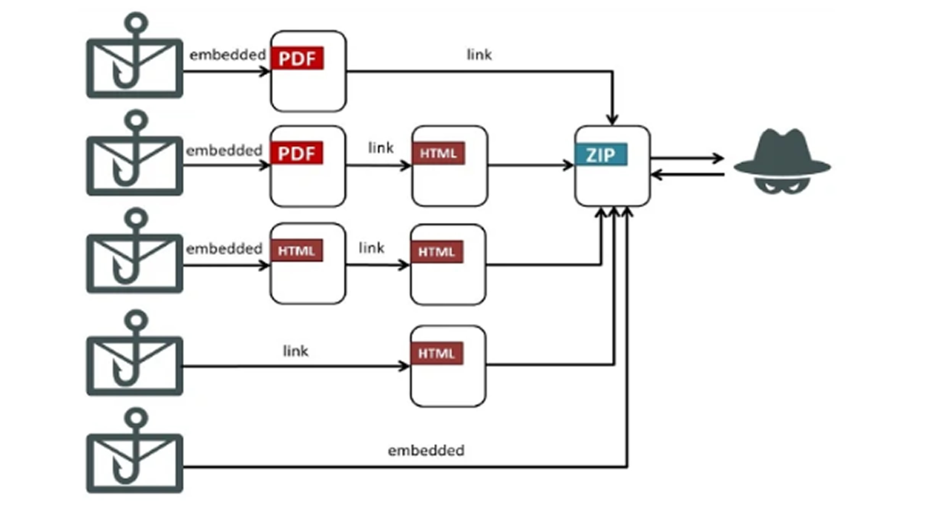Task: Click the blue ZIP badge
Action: point(601,154)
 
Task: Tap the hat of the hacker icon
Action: point(782,153)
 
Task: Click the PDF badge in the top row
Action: point(297,58)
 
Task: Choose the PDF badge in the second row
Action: point(297,153)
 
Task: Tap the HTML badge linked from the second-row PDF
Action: point(438,153)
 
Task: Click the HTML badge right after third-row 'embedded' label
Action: point(297,251)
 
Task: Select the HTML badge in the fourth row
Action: point(437,353)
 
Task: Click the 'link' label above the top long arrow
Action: point(479,55)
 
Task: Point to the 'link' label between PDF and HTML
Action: point(380,148)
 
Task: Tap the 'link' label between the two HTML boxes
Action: point(371,248)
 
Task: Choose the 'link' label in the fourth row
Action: point(295,351)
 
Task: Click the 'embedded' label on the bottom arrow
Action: point(426,451)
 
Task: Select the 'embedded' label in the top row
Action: point(227,55)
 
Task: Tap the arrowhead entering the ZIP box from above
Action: point(613,119)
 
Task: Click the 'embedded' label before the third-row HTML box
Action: point(224,249)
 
